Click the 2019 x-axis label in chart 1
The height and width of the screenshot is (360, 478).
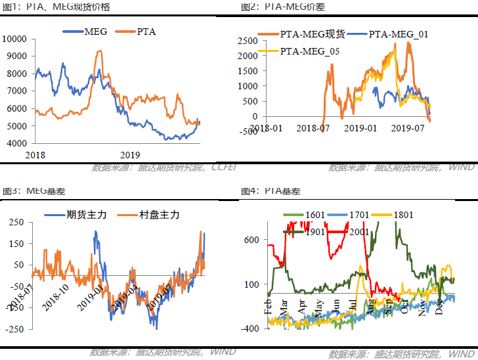tap(131, 154)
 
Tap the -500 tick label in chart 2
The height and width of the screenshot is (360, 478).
tap(248, 131)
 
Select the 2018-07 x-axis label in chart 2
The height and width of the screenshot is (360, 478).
tap(315, 128)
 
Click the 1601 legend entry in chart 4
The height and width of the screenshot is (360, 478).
tap(313, 215)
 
